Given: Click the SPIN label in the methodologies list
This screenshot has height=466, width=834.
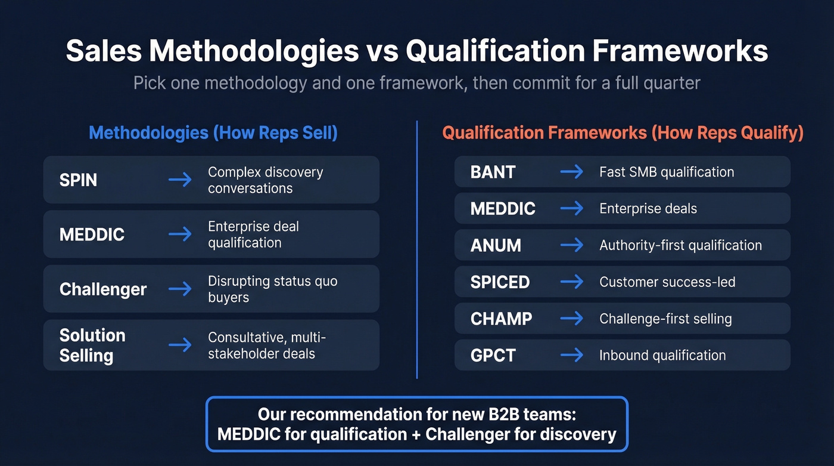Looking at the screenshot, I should point(78,180).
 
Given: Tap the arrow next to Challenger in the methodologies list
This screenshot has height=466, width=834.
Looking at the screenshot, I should point(180,289).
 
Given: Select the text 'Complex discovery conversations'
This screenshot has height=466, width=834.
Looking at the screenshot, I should point(265,180).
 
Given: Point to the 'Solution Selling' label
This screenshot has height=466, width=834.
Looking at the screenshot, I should point(92,345).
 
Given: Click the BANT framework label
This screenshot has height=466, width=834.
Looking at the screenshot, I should point(493,172).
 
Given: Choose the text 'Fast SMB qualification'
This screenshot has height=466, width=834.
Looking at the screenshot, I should point(666,172).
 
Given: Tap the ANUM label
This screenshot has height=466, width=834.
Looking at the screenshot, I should point(496,245).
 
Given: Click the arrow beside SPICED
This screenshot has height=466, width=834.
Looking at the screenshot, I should point(572,282).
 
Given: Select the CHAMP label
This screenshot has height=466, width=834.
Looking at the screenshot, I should point(501,319).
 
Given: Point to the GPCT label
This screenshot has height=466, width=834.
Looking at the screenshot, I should point(493,356).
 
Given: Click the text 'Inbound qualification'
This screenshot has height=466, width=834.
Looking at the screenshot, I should point(662,356).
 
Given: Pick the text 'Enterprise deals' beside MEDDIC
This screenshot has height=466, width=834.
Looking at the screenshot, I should point(648,209).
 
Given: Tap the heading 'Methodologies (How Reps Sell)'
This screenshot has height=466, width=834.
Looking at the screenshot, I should point(213,132).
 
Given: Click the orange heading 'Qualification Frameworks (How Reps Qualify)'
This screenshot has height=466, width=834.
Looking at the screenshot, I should point(623,132).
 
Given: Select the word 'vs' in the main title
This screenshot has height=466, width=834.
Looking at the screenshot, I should point(382,51).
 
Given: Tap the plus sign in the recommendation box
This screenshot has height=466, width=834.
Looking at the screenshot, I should point(417,434).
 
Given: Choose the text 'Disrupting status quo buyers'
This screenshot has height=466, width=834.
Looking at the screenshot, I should point(272,289).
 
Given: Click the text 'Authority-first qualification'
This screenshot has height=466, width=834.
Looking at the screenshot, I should point(680,245).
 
